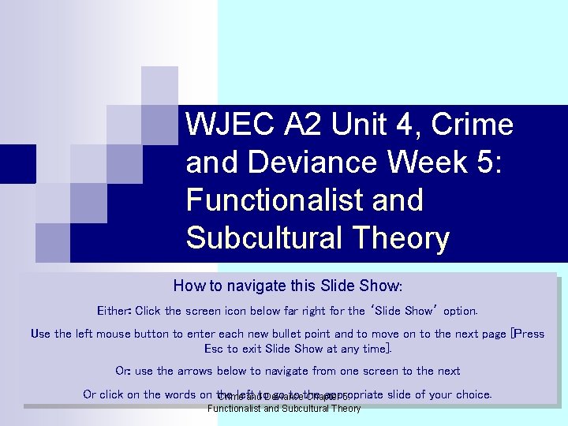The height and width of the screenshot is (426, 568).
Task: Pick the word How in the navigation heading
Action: click(189, 286)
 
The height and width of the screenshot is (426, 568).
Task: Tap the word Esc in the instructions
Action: click(214, 348)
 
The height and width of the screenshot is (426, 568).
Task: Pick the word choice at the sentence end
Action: click(473, 394)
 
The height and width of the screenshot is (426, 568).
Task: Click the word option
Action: click(460, 311)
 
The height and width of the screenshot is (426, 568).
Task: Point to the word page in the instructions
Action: click(490, 334)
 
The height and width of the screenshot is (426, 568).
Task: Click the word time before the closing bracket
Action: click(375, 348)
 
